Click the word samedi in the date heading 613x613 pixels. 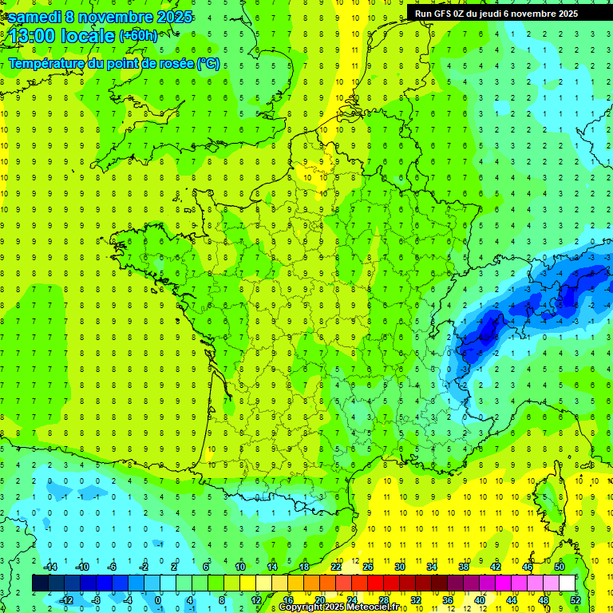click(x=34, y=17)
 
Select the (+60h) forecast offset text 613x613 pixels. click(x=138, y=36)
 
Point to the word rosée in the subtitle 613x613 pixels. click(x=176, y=63)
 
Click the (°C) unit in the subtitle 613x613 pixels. click(x=208, y=63)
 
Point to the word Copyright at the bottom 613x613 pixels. click(x=299, y=607)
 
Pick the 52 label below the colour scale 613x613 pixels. click(x=575, y=599)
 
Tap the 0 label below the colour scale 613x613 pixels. click(x=157, y=599)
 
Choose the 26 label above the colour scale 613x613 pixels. click(x=368, y=567)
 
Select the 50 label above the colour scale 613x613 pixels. click(x=560, y=567)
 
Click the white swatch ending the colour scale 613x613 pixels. click(x=567, y=583)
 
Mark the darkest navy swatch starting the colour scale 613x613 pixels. click(x=40, y=583)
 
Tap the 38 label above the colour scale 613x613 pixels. click(x=464, y=567)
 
